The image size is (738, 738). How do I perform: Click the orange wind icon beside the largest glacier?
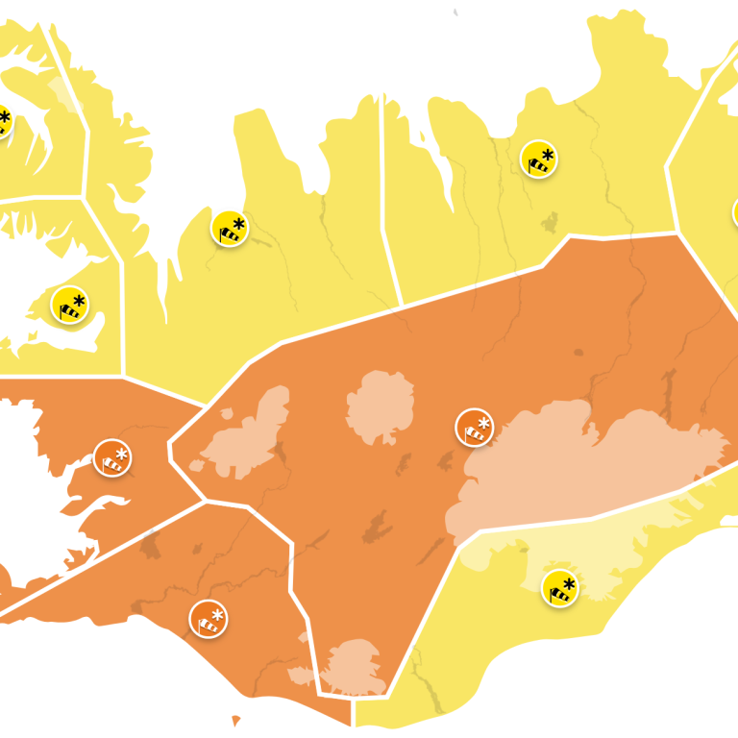pyautogui.click(x=475, y=428)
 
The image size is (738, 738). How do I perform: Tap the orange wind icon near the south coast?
pyautogui.click(x=209, y=619)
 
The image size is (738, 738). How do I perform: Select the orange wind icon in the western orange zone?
pyautogui.click(x=112, y=458)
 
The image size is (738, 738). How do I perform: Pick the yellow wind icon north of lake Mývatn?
pyautogui.click(x=539, y=160)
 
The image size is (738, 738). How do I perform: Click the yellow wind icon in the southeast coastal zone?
pyautogui.click(x=560, y=588)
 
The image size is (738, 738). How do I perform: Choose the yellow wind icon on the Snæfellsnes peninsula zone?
pyautogui.click(x=70, y=306)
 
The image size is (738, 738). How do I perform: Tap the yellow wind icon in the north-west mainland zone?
pyautogui.click(x=230, y=229)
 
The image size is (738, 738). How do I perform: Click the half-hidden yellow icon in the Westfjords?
pyautogui.click(x=3, y=122)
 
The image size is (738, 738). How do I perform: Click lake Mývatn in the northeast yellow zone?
pyautogui.click(x=550, y=223)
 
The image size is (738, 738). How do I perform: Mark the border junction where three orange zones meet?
pyautogui.click(x=205, y=501)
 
